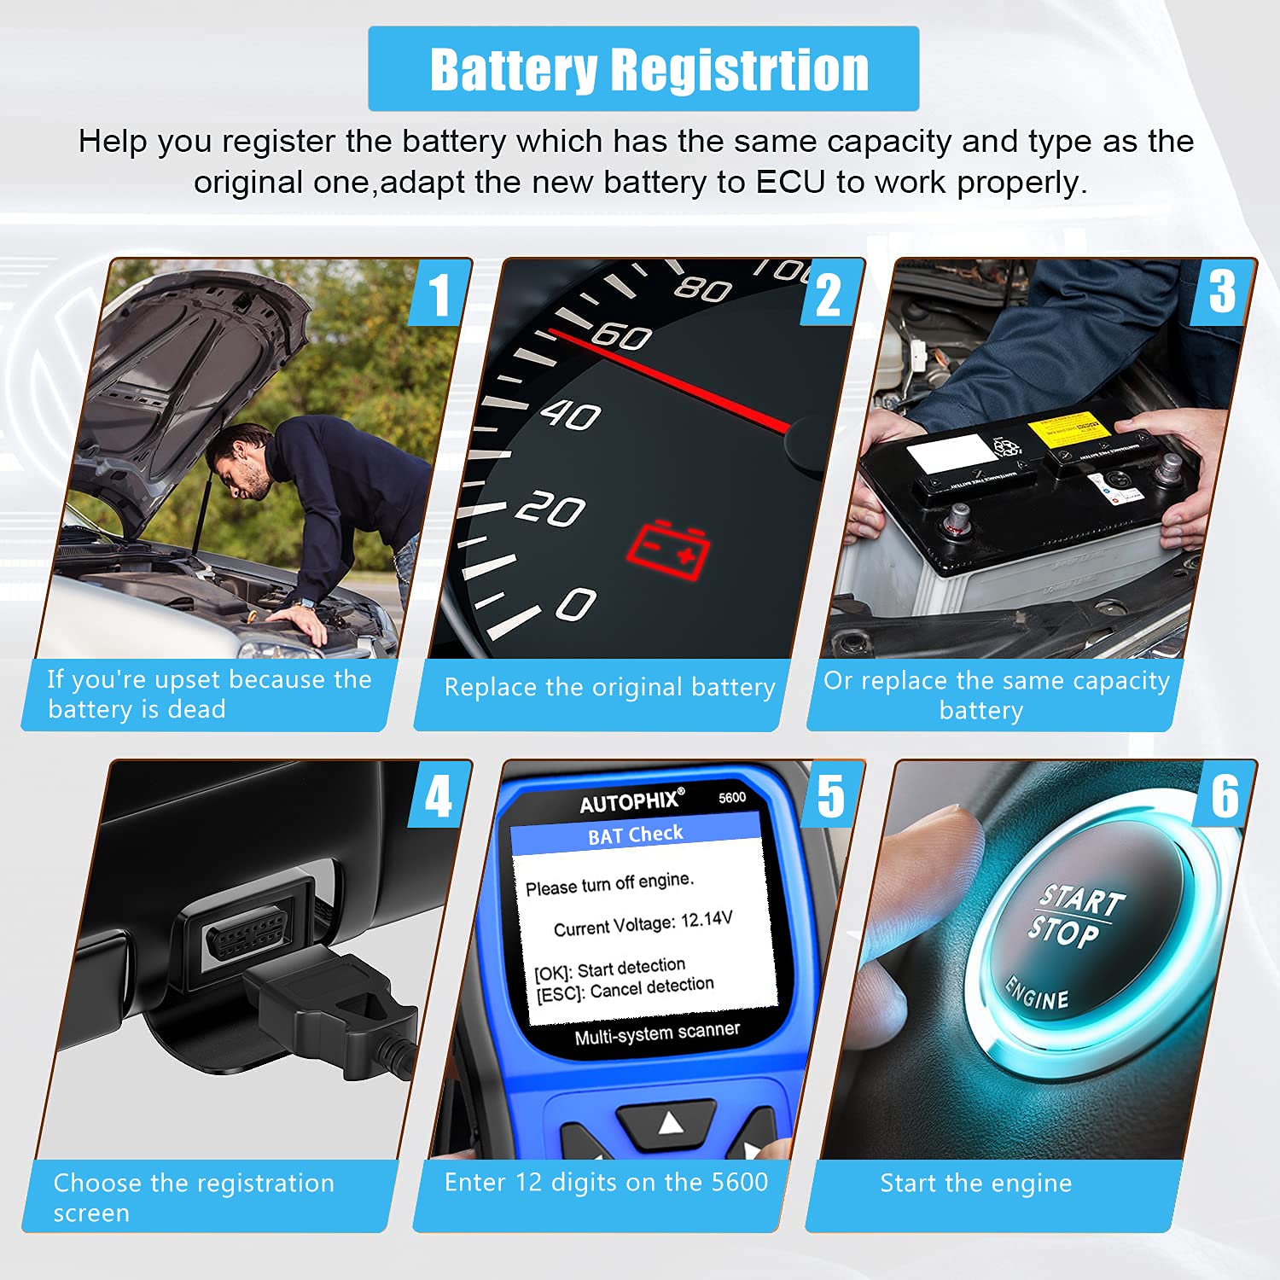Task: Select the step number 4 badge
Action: [x=439, y=797]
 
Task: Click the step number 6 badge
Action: [x=1225, y=797]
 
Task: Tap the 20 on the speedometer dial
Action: [x=550, y=510]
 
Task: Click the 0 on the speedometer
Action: [x=576, y=604]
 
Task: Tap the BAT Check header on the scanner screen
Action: [x=636, y=835]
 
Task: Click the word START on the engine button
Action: [x=1082, y=900]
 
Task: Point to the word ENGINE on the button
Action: [x=1037, y=993]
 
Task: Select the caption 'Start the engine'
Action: [x=975, y=1184]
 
